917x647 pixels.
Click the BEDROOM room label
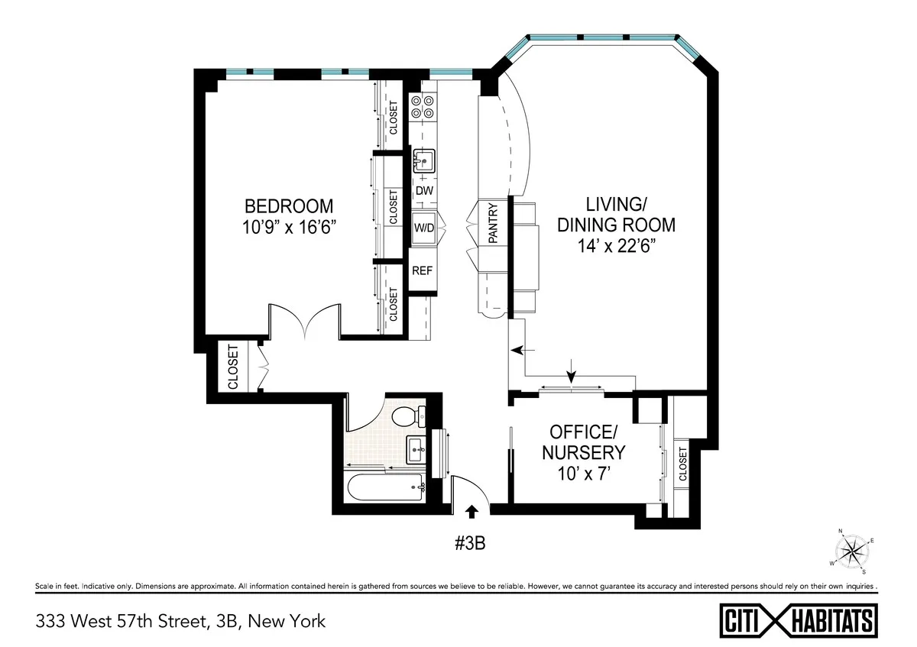pyautogui.click(x=288, y=206)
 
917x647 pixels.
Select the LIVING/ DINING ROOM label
pyautogui.click(x=616, y=215)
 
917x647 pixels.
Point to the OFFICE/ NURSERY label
pyautogui.click(x=583, y=442)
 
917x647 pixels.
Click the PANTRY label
pyautogui.click(x=493, y=223)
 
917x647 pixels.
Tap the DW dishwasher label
pyautogui.click(x=424, y=190)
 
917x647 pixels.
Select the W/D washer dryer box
pyautogui.click(x=424, y=228)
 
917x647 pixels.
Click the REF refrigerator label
pyautogui.click(x=423, y=270)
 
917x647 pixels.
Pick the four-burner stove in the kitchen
pyautogui.click(x=423, y=107)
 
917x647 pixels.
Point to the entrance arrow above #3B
pyautogui.click(x=472, y=511)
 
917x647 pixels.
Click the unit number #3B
pyautogui.click(x=471, y=543)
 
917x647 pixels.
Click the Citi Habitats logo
pyautogui.click(x=799, y=620)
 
